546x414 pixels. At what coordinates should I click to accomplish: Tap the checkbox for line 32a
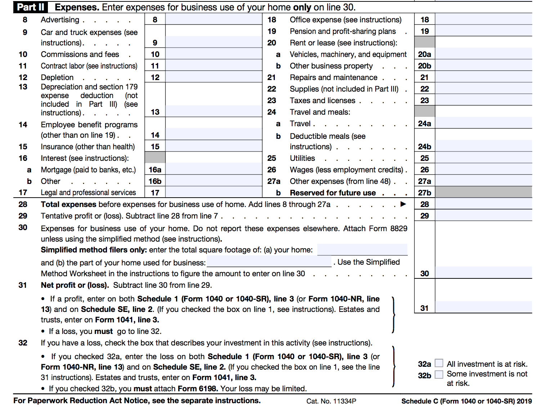click(439, 363)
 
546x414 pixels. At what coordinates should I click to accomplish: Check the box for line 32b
click(439, 375)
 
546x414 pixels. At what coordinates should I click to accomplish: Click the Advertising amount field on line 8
click(214, 19)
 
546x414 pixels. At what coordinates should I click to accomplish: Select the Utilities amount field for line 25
click(483, 158)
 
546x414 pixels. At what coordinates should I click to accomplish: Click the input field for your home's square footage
click(362, 250)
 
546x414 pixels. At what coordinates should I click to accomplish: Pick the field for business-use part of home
click(269, 262)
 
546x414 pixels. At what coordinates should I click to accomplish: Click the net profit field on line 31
click(483, 307)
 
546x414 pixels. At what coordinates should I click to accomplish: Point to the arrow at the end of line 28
click(403, 204)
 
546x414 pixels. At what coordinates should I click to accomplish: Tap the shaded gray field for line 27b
click(483, 193)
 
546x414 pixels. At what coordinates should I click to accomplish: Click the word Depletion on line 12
click(57, 78)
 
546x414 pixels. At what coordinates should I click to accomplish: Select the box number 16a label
click(155, 170)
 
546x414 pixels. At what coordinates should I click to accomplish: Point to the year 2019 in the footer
click(524, 401)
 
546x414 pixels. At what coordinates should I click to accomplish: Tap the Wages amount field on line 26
click(483, 169)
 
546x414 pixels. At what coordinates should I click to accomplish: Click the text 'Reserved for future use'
click(332, 193)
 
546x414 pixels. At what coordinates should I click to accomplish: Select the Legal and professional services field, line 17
click(214, 193)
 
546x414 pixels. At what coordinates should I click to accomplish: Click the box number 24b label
click(425, 147)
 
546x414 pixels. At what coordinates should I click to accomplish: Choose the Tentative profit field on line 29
click(483, 216)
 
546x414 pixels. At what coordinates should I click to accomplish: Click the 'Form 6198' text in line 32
click(198, 389)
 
